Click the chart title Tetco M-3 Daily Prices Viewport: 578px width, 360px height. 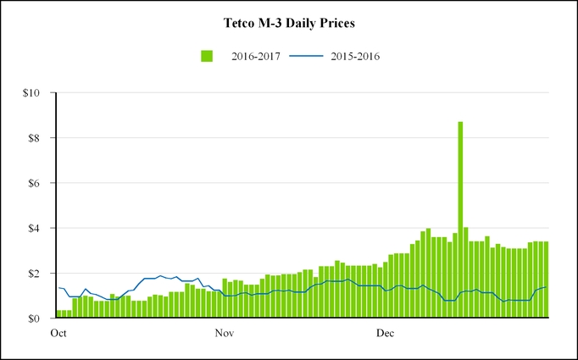pos(289,24)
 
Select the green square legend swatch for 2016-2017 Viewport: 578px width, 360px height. pos(206,56)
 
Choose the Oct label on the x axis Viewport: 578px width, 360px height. pos(58,334)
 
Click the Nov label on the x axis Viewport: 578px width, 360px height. pos(224,334)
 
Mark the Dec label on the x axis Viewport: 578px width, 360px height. pos(386,334)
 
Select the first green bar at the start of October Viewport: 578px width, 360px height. pos(58,314)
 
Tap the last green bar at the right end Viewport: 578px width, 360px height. pos(547,280)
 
